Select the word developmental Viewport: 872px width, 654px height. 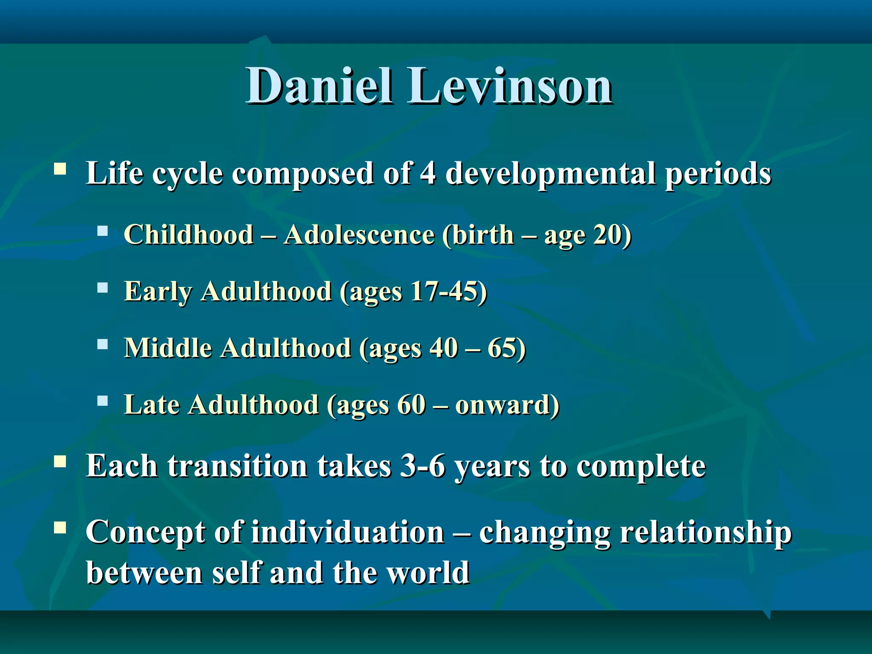pyautogui.click(x=550, y=174)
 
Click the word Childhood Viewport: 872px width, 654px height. pyautogui.click(x=189, y=235)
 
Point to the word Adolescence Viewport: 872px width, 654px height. pyautogui.click(x=359, y=235)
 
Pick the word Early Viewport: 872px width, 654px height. pyautogui.click(x=158, y=293)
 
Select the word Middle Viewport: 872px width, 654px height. pyautogui.click(x=168, y=348)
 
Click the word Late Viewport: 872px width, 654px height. pyautogui.click(x=152, y=404)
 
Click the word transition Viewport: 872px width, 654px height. pyautogui.click(x=237, y=466)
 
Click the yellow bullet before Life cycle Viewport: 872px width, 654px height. pyautogui.click(x=60, y=169)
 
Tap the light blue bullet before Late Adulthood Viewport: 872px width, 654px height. pyautogui.click(x=103, y=401)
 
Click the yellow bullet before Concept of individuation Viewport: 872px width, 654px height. pyautogui.click(x=60, y=528)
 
